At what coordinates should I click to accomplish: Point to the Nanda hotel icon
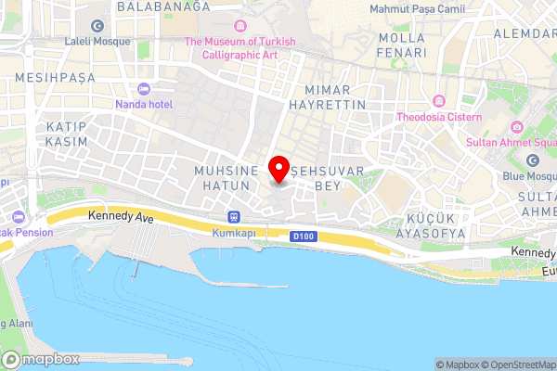click(143, 89)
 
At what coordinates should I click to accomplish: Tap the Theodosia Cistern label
click(439, 117)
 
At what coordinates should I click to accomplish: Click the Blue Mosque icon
click(534, 160)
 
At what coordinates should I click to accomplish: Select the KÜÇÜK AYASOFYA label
click(429, 225)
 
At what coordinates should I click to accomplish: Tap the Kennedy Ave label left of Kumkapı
click(120, 215)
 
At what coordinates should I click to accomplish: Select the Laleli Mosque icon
click(97, 24)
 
